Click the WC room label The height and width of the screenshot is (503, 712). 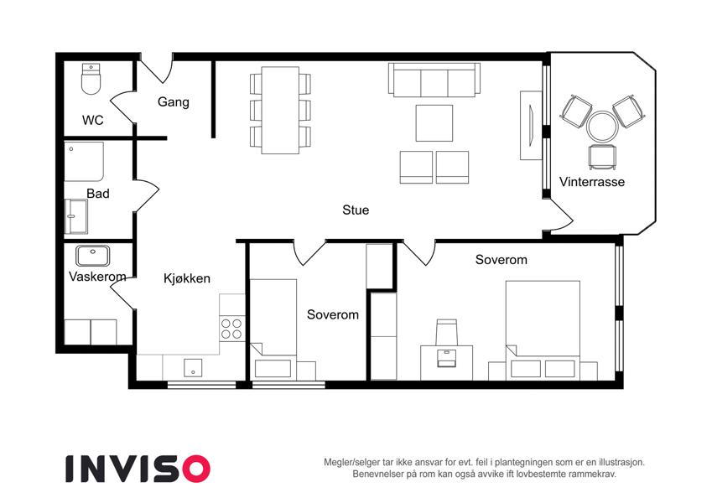pos(92,121)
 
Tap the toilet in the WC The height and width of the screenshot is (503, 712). pos(91,79)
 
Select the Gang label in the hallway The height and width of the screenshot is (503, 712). pos(174,102)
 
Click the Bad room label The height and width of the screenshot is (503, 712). pos(98,194)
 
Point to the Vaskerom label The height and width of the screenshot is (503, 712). pos(97,277)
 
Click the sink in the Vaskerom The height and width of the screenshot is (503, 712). pos(92,256)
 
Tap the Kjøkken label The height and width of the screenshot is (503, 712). pos(187,278)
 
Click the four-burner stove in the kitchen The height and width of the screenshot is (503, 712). pos(231,329)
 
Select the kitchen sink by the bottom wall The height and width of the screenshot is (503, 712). pos(193,368)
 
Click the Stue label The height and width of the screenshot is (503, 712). pos(356,210)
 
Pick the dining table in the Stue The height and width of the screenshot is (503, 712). pos(280,111)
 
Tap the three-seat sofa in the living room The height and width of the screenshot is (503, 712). pos(434,80)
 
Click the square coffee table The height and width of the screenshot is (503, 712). pos(434,123)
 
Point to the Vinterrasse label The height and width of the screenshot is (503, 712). pos(592,182)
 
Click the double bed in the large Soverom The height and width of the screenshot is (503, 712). pos(543,330)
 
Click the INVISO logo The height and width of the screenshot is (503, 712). pos(138,469)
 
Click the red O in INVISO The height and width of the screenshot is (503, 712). pos(196,469)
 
